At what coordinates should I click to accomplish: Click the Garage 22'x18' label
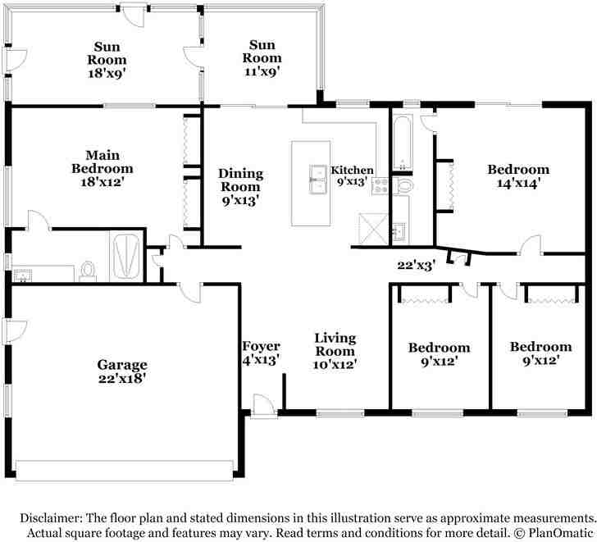(x=122, y=371)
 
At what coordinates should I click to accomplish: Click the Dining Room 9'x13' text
(x=240, y=186)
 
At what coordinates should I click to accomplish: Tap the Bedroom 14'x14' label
(x=518, y=176)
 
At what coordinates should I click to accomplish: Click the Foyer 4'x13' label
(x=261, y=352)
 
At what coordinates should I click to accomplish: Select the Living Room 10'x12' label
(x=335, y=350)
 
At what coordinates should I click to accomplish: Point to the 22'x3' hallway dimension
(x=415, y=264)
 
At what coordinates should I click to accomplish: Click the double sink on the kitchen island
(x=317, y=180)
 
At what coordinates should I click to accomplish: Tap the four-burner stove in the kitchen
(x=380, y=184)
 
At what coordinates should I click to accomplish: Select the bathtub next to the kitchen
(x=403, y=143)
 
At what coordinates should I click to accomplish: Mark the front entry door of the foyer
(x=263, y=406)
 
